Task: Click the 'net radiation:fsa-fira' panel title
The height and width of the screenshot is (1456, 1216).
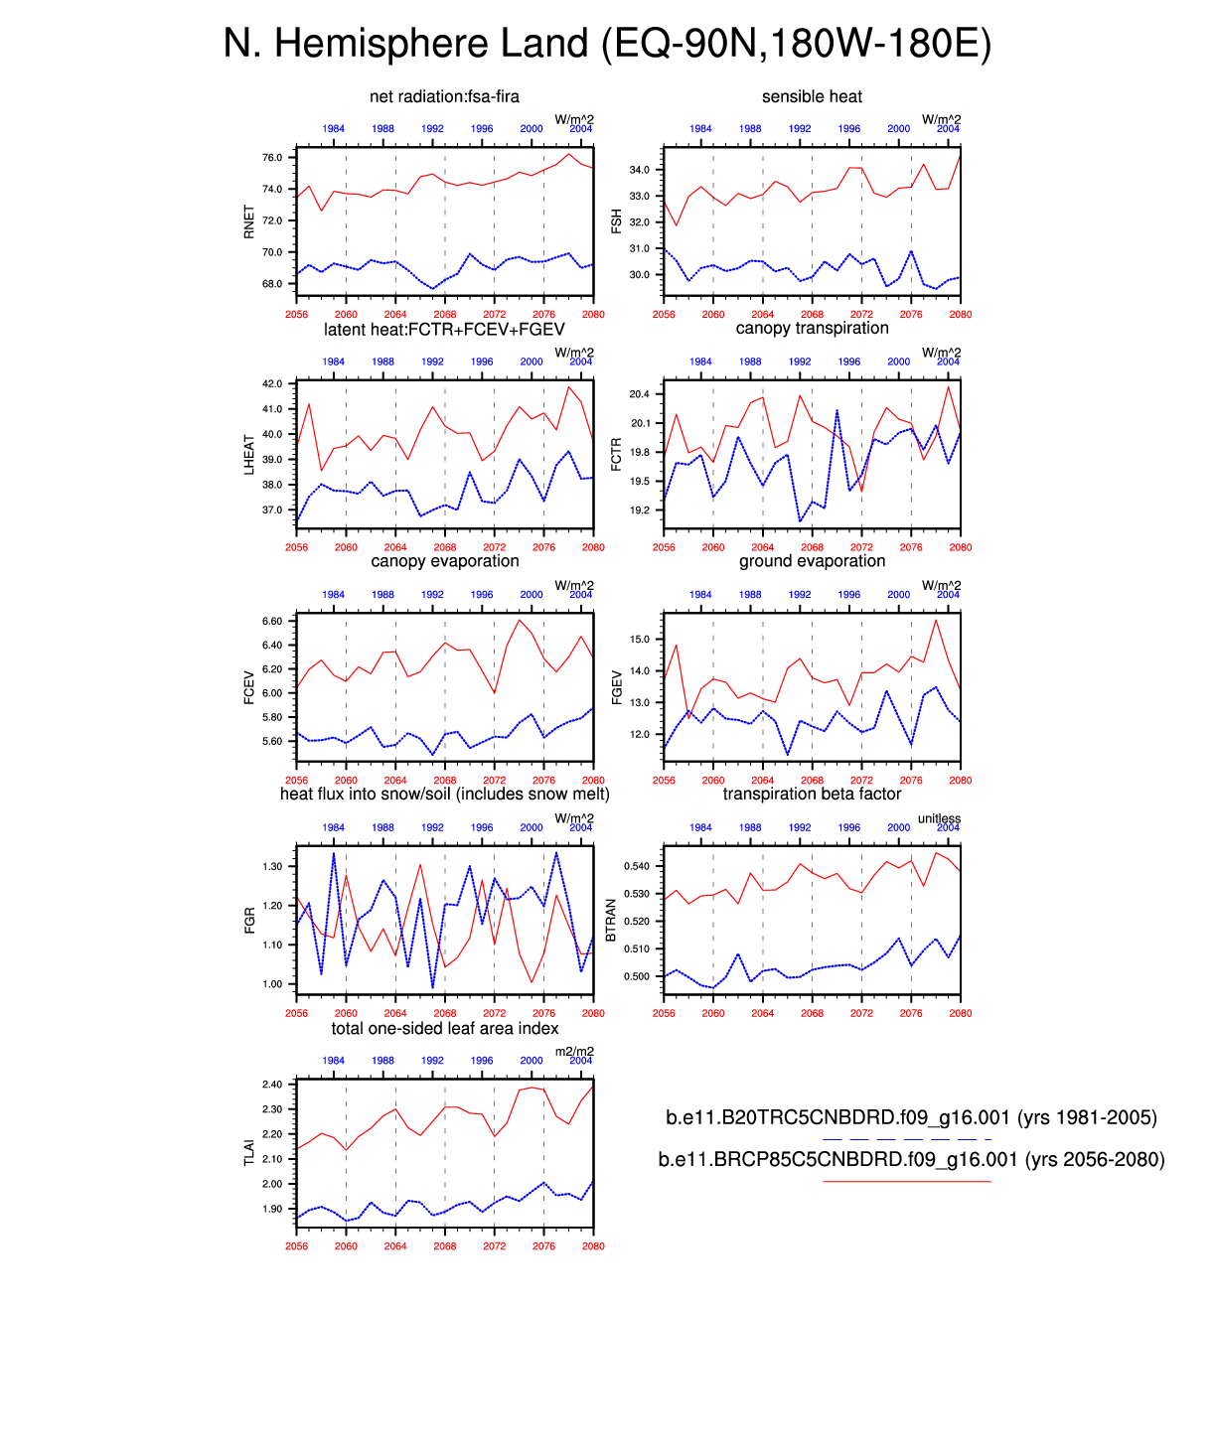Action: point(444,96)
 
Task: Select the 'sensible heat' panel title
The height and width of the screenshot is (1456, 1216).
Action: point(812,96)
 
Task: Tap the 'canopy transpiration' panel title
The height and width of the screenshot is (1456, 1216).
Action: point(812,329)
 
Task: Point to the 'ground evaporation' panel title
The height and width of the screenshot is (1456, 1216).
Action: point(812,561)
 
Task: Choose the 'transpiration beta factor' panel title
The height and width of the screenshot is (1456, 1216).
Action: point(812,794)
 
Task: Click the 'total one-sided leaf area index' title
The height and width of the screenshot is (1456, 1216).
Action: point(444,1028)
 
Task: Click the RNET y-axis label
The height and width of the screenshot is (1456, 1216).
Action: point(249,221)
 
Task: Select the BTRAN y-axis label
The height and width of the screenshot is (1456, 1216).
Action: point(611,920)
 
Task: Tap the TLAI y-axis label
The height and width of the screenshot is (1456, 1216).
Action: point(249,1153)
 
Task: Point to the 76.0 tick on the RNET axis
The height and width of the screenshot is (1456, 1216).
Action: point(272,158)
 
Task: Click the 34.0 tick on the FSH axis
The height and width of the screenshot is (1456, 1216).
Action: point(640,170)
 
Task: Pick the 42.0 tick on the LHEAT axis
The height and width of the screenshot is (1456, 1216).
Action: point(272,383)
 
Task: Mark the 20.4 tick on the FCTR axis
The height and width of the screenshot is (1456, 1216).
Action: point(640,394)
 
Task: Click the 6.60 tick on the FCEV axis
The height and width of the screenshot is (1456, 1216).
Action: point(272,621)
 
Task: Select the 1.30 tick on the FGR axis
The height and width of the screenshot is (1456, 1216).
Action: point(272,866)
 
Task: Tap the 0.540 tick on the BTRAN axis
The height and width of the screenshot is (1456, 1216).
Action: point(637,866)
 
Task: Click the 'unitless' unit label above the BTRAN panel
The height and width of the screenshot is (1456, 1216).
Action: point(939,818)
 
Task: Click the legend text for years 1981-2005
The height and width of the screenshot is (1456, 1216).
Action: point(911,1117)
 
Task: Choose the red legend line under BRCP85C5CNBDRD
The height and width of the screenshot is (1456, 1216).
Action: point(906,1181)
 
